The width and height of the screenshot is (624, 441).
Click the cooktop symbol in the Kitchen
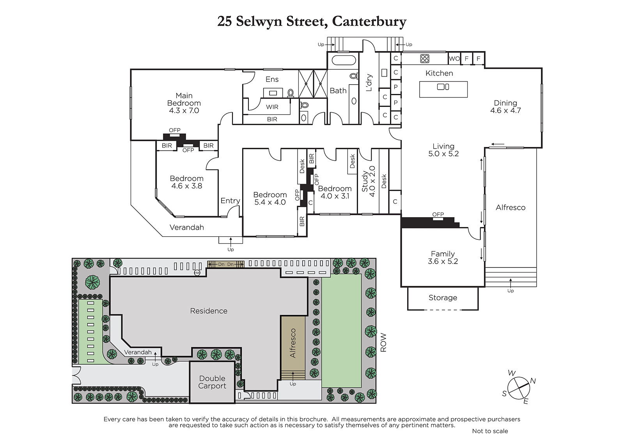pos(425,58)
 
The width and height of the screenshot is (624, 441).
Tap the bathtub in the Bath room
pos(344,60)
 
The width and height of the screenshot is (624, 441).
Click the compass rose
pos(518,388)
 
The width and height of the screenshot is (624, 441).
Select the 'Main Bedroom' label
pos(184,99)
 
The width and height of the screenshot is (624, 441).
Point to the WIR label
pos(272,107)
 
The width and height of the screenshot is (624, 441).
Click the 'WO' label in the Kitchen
pos(454,58)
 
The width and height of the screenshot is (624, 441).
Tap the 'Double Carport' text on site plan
pos(212,382)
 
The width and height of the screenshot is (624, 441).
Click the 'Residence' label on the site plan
pos(209,311)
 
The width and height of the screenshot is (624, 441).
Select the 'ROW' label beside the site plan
pos(383,342)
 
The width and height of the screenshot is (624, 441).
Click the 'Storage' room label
pos(443,298)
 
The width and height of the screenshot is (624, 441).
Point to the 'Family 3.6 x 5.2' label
pos(443,257)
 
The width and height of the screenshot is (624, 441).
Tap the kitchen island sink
pos(443,87)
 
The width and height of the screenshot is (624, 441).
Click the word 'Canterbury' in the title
pos(369,21)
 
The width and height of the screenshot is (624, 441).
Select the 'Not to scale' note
pos(490,431)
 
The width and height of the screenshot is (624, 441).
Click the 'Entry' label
pos(230,200)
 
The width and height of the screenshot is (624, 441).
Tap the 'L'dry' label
pos(369,82)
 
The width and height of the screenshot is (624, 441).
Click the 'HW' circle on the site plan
pos(197,273)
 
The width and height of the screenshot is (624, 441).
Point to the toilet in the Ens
pos(291,93)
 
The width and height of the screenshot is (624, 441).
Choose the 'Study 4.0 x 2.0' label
pos(368,181)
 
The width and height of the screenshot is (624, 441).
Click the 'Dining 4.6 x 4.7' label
pos(505,107)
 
